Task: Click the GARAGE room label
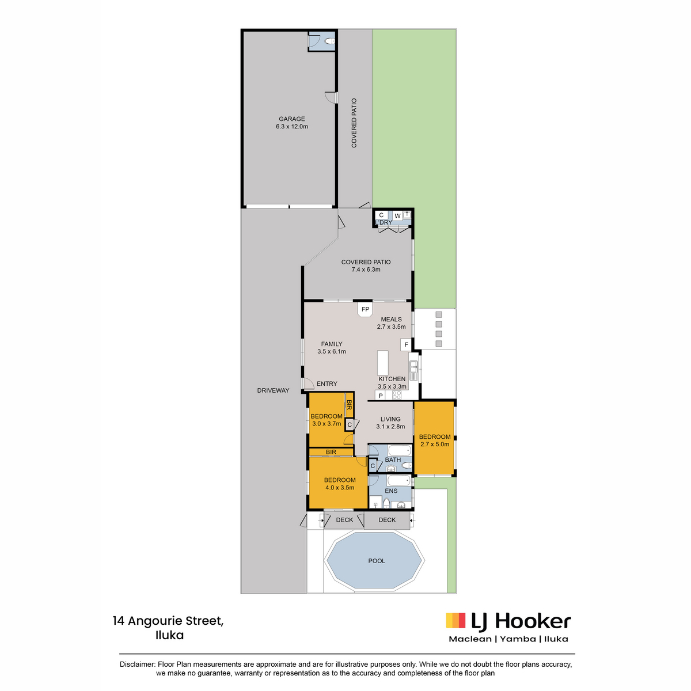click(291, 119)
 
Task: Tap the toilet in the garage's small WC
click(329, 41)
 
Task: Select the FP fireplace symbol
click(365, 309)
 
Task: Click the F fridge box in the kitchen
click(406, 344)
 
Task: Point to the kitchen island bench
click(382, 363)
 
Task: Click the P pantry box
click(381, 396)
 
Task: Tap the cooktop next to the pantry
click(396, 395)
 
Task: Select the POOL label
click(376, 560)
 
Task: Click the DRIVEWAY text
click(273, 390)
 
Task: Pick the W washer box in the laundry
click(397, 216)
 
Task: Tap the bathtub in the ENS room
click(398, 480)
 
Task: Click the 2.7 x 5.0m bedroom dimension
click(435, 444)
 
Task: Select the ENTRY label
click(326, 384)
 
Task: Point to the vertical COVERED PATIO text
click(354, 123)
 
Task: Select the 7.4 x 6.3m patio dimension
click(366, 269)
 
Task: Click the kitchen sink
click(413, 366)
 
